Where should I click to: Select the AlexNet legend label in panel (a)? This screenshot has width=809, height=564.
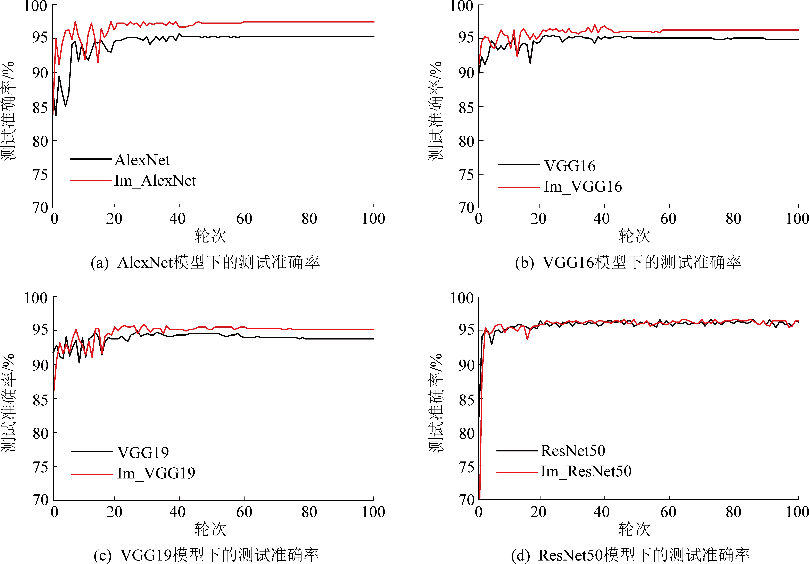click(x=142, y=160)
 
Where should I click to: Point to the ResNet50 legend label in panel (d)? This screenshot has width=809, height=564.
click(x=573, y=451)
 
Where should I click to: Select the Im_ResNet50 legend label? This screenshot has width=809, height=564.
click(x=586, y=471)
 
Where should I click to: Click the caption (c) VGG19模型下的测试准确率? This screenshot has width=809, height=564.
click(x=206, y=555)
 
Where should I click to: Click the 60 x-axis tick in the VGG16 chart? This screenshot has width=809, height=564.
click(x=668, y=219)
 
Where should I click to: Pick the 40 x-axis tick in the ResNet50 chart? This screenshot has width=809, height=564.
click(x=601, y=512)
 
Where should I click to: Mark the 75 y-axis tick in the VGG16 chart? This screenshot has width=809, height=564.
click(x=466, y=175)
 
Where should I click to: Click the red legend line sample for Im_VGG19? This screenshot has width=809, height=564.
click(x=92, y=474)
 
